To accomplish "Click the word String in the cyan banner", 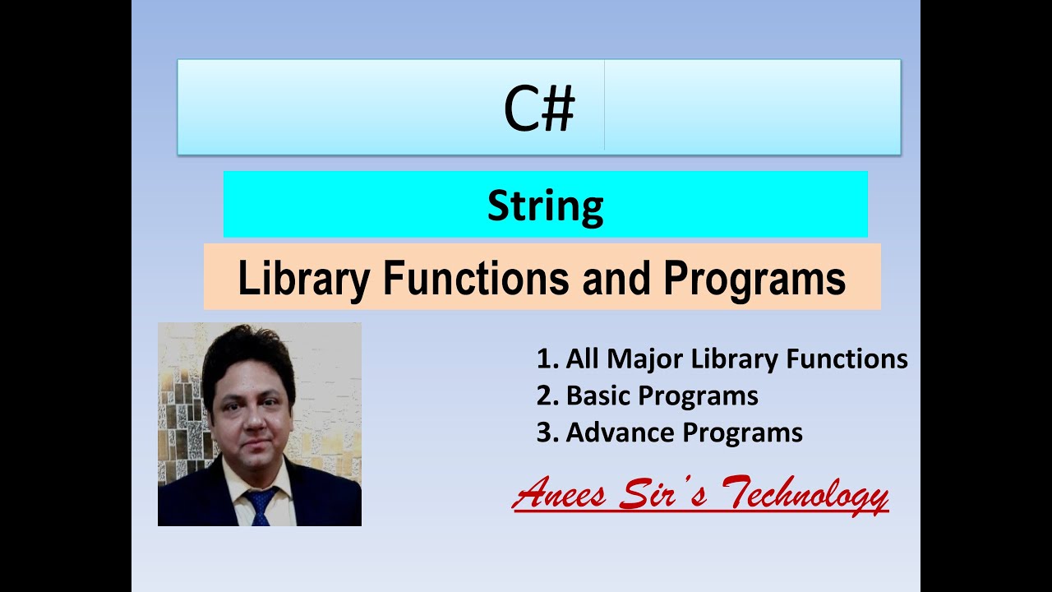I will click(x=545, y=206).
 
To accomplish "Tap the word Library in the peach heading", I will click(x=302, y=279).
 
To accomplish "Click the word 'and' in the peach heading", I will click(x=617, y=279).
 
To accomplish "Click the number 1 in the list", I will click(x=543, y=359).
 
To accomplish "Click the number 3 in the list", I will click(x=543, y=432).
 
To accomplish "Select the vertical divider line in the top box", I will click(x=604, y=105).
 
